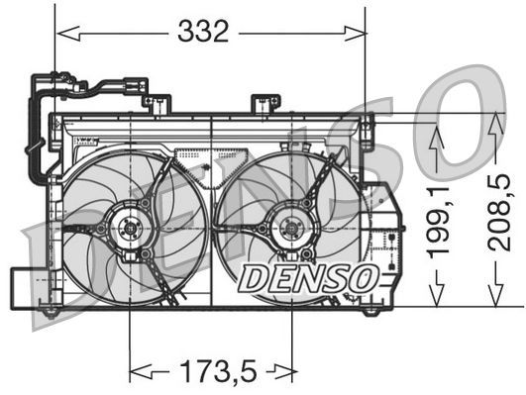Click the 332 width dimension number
(x=203, y=32)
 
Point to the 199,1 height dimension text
(x=438, y=224)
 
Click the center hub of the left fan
(x=130, y=230)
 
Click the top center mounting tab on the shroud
(x=264, y=103)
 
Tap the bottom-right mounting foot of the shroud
(x=370, y=310)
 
